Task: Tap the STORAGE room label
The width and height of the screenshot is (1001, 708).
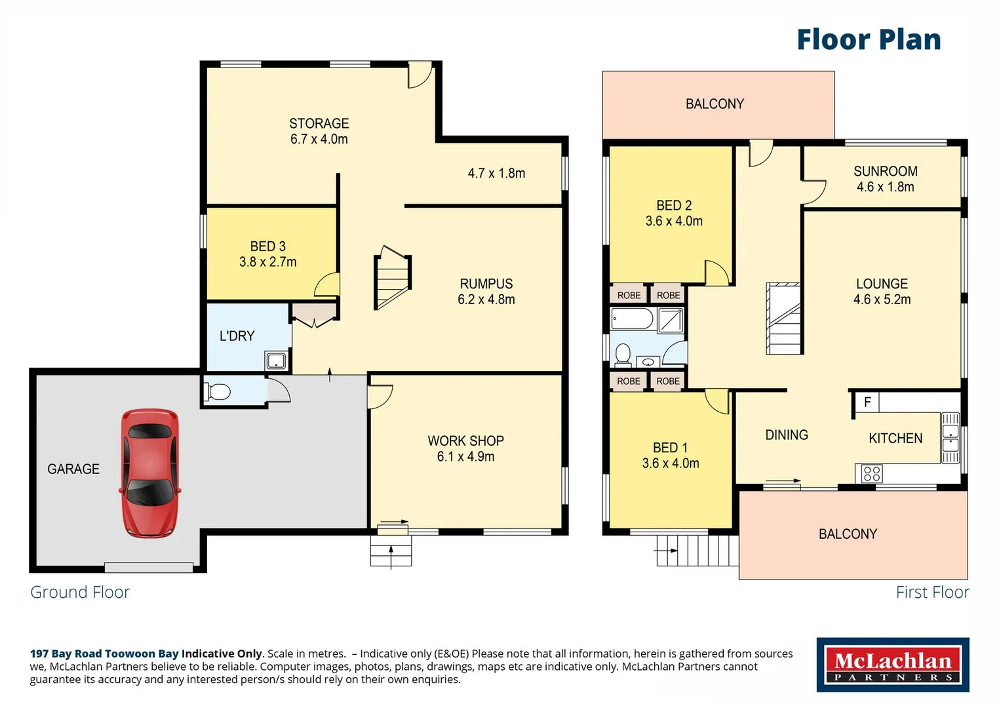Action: [319, 123]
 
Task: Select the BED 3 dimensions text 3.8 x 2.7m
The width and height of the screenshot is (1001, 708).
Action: [267, 262]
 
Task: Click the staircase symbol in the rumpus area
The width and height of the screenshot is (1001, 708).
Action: [392, 277]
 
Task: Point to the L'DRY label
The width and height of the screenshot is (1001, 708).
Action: [237, 336]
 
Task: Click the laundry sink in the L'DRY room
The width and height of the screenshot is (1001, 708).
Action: [275, 361]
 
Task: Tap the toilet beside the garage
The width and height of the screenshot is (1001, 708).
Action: [218, 392]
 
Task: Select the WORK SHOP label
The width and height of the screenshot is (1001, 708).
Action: [465, 441]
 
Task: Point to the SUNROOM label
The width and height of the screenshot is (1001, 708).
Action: [885, 171]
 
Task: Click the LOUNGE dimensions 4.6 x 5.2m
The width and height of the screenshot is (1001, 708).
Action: [882, 300]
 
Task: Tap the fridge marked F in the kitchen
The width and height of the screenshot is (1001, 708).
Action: [867, 402]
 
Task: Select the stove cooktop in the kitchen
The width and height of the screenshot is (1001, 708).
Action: [871, 473]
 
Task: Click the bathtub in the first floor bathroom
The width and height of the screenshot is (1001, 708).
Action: [632, 319]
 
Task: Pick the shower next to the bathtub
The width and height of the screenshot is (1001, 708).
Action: [670, 320]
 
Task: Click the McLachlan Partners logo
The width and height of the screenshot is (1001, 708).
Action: [892, 665]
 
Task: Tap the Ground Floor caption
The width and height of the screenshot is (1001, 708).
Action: [80, 592]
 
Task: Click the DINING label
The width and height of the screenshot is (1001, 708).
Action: [787, 435]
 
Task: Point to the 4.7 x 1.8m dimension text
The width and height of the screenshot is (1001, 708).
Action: [496, 173]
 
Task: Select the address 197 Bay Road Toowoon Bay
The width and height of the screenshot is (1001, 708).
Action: [104, 654]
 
